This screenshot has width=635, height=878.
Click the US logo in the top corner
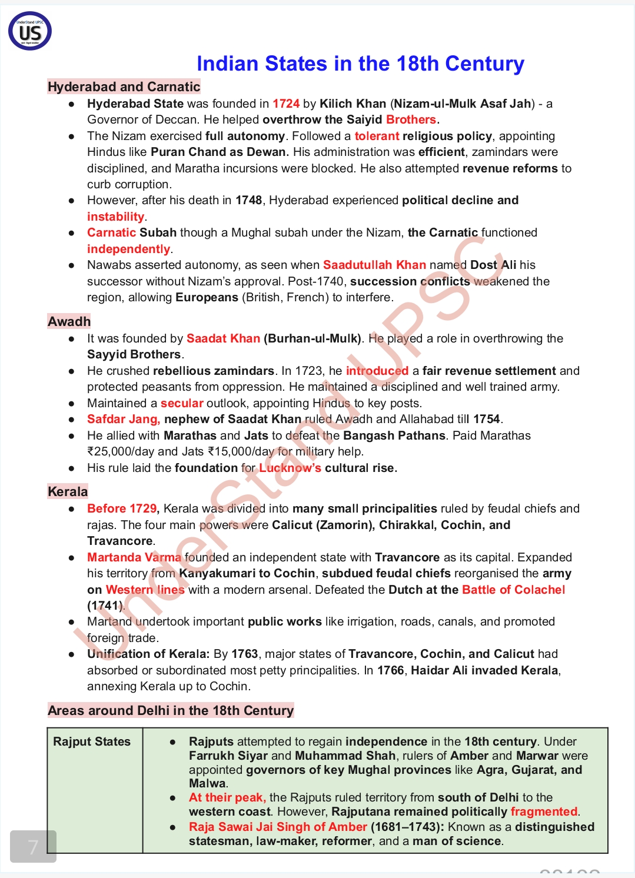tap(30, 31)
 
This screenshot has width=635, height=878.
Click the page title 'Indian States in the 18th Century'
tap(360, 64)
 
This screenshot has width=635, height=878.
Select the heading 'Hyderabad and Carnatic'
tap(124, 87)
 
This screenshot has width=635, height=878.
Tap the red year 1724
tap(286, 104)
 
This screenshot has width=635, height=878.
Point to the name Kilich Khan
tap(353, 104)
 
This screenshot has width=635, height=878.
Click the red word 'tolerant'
tap(377, 136)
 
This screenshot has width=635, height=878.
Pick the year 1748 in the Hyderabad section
tap(248, 200)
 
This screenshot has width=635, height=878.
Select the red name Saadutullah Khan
tap(374, 265)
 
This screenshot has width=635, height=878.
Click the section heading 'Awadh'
tap(69, 321)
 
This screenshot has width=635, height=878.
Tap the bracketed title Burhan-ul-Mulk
tap(312, 338)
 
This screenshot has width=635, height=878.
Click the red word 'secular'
tap(182, 403)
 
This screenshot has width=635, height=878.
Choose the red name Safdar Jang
tap(123, 419)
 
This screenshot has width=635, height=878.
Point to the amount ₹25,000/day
tap(120, 451)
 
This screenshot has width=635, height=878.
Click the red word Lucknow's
tap(290, 468)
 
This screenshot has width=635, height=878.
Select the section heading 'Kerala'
tap(68, 491)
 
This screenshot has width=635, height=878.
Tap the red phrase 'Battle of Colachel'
tap(513, 590)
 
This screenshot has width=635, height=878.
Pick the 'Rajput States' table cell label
tap(92, 741)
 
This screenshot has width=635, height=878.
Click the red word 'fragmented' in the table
tap(544, 812)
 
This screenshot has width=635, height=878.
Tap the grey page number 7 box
tap(33, 847)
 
